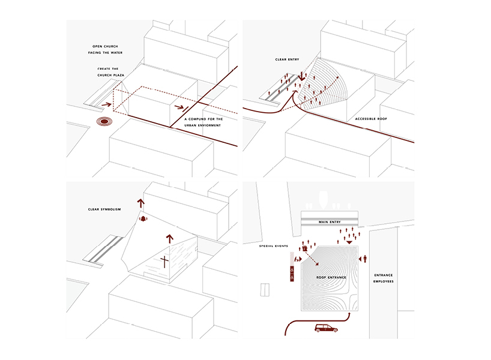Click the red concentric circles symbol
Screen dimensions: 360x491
click(105, 122)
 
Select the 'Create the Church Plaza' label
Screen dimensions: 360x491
click(110, 72)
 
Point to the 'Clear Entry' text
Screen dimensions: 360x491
click(289, 59)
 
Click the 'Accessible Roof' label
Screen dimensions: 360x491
click(371, 119)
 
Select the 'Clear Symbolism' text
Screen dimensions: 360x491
click(103, 209)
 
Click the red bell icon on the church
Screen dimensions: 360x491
click(143, 219)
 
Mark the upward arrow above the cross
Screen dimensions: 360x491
click(169, 238)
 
